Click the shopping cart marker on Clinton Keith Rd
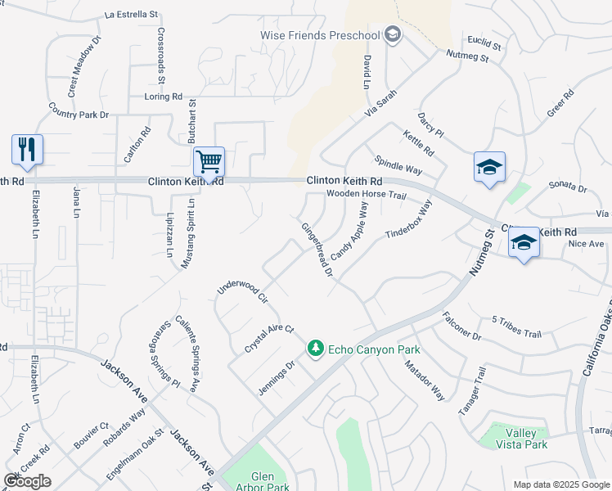[x=209, y=163]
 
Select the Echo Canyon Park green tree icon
[x=315, y=349]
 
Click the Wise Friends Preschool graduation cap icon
[x=393, y=35]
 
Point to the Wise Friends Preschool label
[x=320, y=36]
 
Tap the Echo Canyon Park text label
[x=374, y=349]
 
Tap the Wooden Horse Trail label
[x=366, y=196]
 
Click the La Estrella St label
[x=132, y=15]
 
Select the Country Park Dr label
[x=79, y=110]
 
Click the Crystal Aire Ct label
[x=268, y=339]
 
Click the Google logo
[x=27, y=481]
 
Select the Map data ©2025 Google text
[x=560, y=484]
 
